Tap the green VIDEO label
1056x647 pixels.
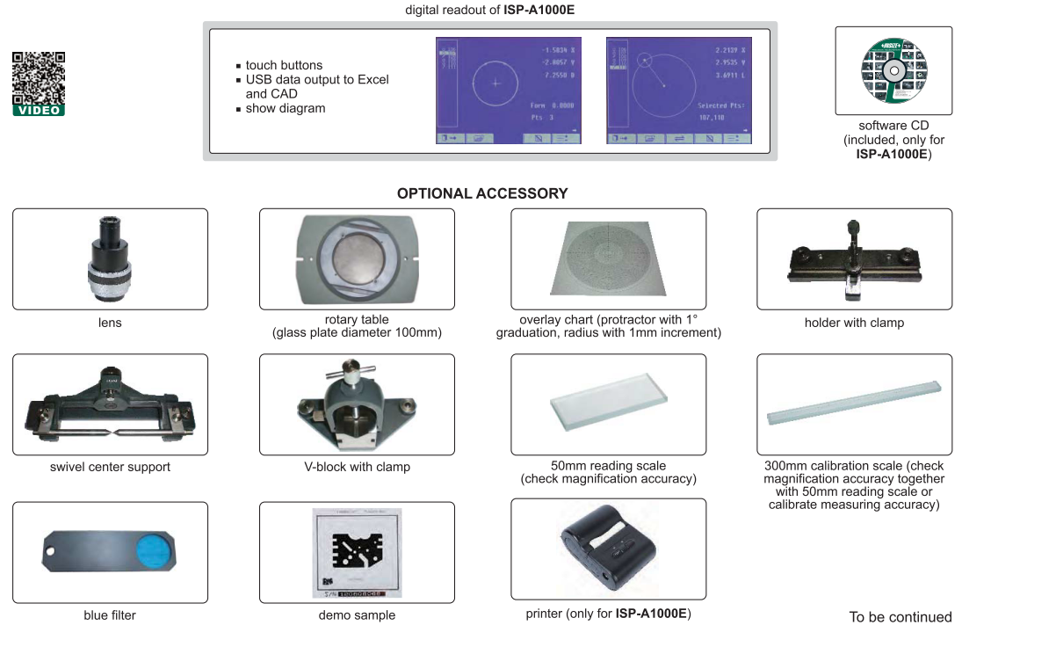[x=38, y=111]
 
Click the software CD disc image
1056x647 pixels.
[x=893, y=70]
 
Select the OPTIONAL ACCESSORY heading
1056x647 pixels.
[x=482, y=193]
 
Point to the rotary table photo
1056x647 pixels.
[x=357, y=258]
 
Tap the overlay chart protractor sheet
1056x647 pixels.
[x=607, y=258]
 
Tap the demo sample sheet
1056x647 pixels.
[x=356, y=554]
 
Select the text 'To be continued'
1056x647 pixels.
[x=900, y=617]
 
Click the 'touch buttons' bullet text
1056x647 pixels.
[x=284, y=65]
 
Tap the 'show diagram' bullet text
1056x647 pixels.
[x=286, y=108]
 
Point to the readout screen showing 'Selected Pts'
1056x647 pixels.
[x=679, y=90]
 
